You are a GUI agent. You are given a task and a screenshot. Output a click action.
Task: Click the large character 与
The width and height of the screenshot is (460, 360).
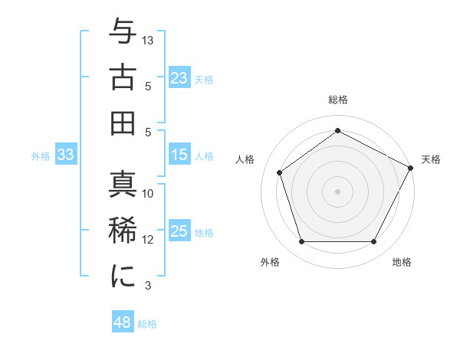pos(123,31)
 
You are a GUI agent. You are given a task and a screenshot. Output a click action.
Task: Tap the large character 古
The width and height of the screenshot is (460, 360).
pos(123,77)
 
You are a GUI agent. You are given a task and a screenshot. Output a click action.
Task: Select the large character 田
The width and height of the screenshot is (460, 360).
pos(123,122)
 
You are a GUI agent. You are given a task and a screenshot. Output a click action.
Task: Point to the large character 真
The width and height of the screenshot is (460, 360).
pos(123,185)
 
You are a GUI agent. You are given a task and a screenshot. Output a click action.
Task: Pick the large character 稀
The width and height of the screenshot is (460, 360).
pos(123,231)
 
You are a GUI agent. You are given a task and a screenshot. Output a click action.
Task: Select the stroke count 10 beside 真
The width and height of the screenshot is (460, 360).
pos(148,194)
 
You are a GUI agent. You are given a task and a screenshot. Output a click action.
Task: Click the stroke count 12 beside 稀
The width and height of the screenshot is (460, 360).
pos(148,240)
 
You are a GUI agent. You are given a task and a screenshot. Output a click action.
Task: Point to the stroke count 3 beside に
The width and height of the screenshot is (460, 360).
pos(148,286)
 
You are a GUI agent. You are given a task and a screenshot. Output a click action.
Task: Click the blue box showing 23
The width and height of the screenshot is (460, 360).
pos(179,77)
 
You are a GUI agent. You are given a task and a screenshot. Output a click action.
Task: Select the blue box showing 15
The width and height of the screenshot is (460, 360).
pos(179,155)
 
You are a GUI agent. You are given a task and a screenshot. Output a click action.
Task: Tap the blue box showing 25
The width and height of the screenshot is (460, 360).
pos(179,231)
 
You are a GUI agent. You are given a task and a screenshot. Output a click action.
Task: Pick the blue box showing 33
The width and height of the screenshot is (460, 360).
pos(66,155)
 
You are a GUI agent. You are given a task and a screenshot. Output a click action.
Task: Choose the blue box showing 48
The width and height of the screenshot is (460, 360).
pos(123,322)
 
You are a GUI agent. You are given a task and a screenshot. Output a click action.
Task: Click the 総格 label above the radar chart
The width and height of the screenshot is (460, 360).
pos(337,100)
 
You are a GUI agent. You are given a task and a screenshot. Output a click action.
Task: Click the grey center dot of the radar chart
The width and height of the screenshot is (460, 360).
pos(337,191)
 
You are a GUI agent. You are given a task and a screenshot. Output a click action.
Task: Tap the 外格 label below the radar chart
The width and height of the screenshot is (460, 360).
pos(270,263)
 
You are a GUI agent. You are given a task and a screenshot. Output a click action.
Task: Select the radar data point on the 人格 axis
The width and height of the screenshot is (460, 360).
pos(280,172)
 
